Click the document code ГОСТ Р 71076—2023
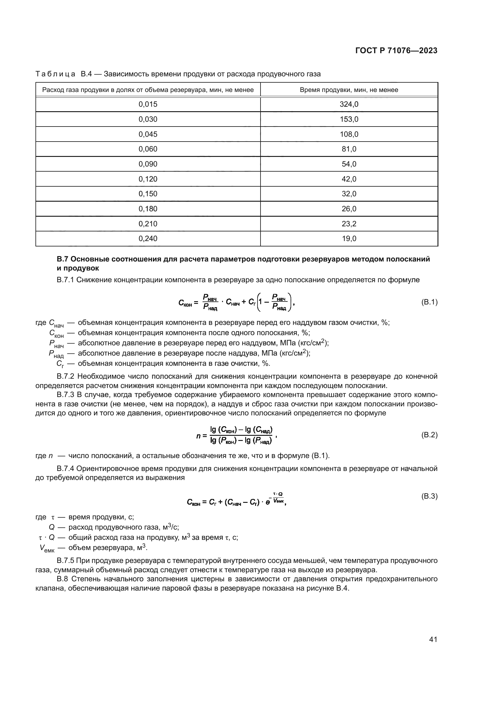[396, 51]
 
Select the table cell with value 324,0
[349, 104]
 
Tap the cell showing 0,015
[148, 104]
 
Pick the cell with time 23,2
[349, 224]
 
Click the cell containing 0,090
[148, 164]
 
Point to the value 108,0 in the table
[349, 134]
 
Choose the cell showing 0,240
[148, 239]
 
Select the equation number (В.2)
[429, 435]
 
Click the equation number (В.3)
[429, 496]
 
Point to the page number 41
[433, 639]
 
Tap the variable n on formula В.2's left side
[198, 436]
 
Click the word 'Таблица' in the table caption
[55, 74]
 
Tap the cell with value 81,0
[349, 149]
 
